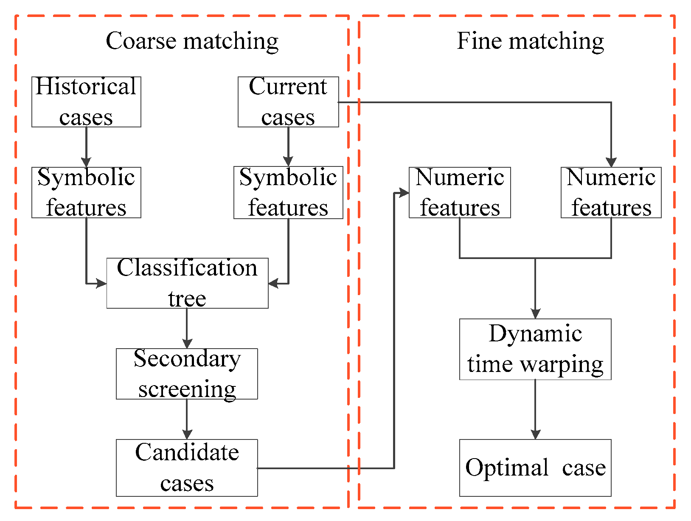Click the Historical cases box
pos(86,102)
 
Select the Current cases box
pos(288,102)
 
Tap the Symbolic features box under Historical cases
pos(86,192)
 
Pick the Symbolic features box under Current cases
pos(288,192)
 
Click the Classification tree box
pos(187,283)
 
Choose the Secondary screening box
pos(187,374)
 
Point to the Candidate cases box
pos(187,467)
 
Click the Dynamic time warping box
pos(535,349)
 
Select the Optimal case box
pos(535,467)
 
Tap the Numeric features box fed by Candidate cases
pos(460,192)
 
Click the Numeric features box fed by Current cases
pos(611,192)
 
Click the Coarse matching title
pos(192,41)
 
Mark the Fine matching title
pos(530,41)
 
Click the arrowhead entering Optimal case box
pos(535,434)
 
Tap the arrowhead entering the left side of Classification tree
pos(101,283)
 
